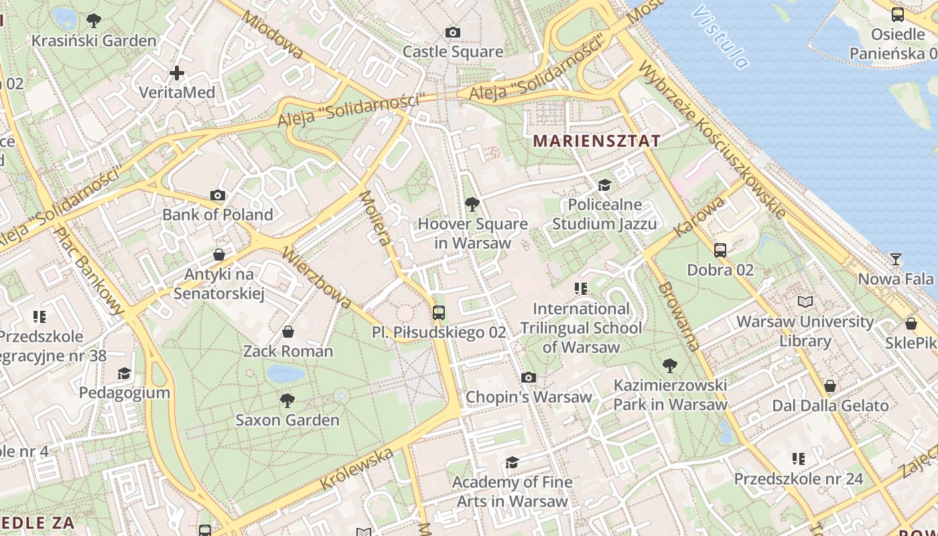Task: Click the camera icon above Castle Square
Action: pos(453,32)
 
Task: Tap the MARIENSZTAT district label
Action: pos(596,141)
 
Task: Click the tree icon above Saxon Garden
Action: pos(287,401)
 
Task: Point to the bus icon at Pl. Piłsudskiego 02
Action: pos(439,312)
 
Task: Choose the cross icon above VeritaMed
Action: pos(177,72)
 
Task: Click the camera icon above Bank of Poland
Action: pos(218,195)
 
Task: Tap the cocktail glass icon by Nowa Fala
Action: pos(896,259)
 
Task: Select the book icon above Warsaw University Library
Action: pos(805,302)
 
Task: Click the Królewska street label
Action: pos(356,469)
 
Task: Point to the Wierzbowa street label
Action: pos(316,277)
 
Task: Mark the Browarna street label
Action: pos(679,316)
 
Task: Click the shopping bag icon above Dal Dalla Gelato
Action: pos(830,386)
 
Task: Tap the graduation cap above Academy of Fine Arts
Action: pos(513,462)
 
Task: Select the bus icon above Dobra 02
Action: pos(720,251)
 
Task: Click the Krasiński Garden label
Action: pos(94,40)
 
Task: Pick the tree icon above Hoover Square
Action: pos(472,204)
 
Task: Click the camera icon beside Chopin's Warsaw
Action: pos(529,377)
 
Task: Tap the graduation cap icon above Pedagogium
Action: pos(124,373)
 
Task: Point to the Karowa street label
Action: pos(691,217)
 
